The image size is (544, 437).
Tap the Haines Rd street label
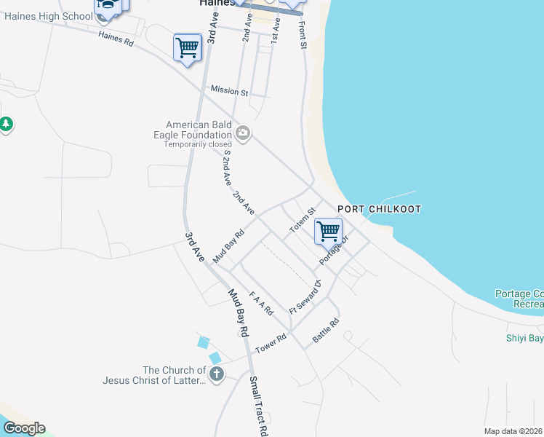point(116,39)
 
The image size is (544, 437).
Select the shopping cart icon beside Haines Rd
point(188,48)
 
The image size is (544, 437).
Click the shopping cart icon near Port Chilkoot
point(328,232)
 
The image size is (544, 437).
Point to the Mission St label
point(229,91)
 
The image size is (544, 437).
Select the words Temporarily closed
point(197,144)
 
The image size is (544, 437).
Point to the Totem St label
point(302,220)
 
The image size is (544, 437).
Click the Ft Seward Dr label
point(305,297)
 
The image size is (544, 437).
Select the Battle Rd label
point(326,331)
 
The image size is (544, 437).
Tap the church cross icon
point(216,374)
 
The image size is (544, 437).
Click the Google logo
point(23,428)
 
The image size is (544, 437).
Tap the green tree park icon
point(7,125)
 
